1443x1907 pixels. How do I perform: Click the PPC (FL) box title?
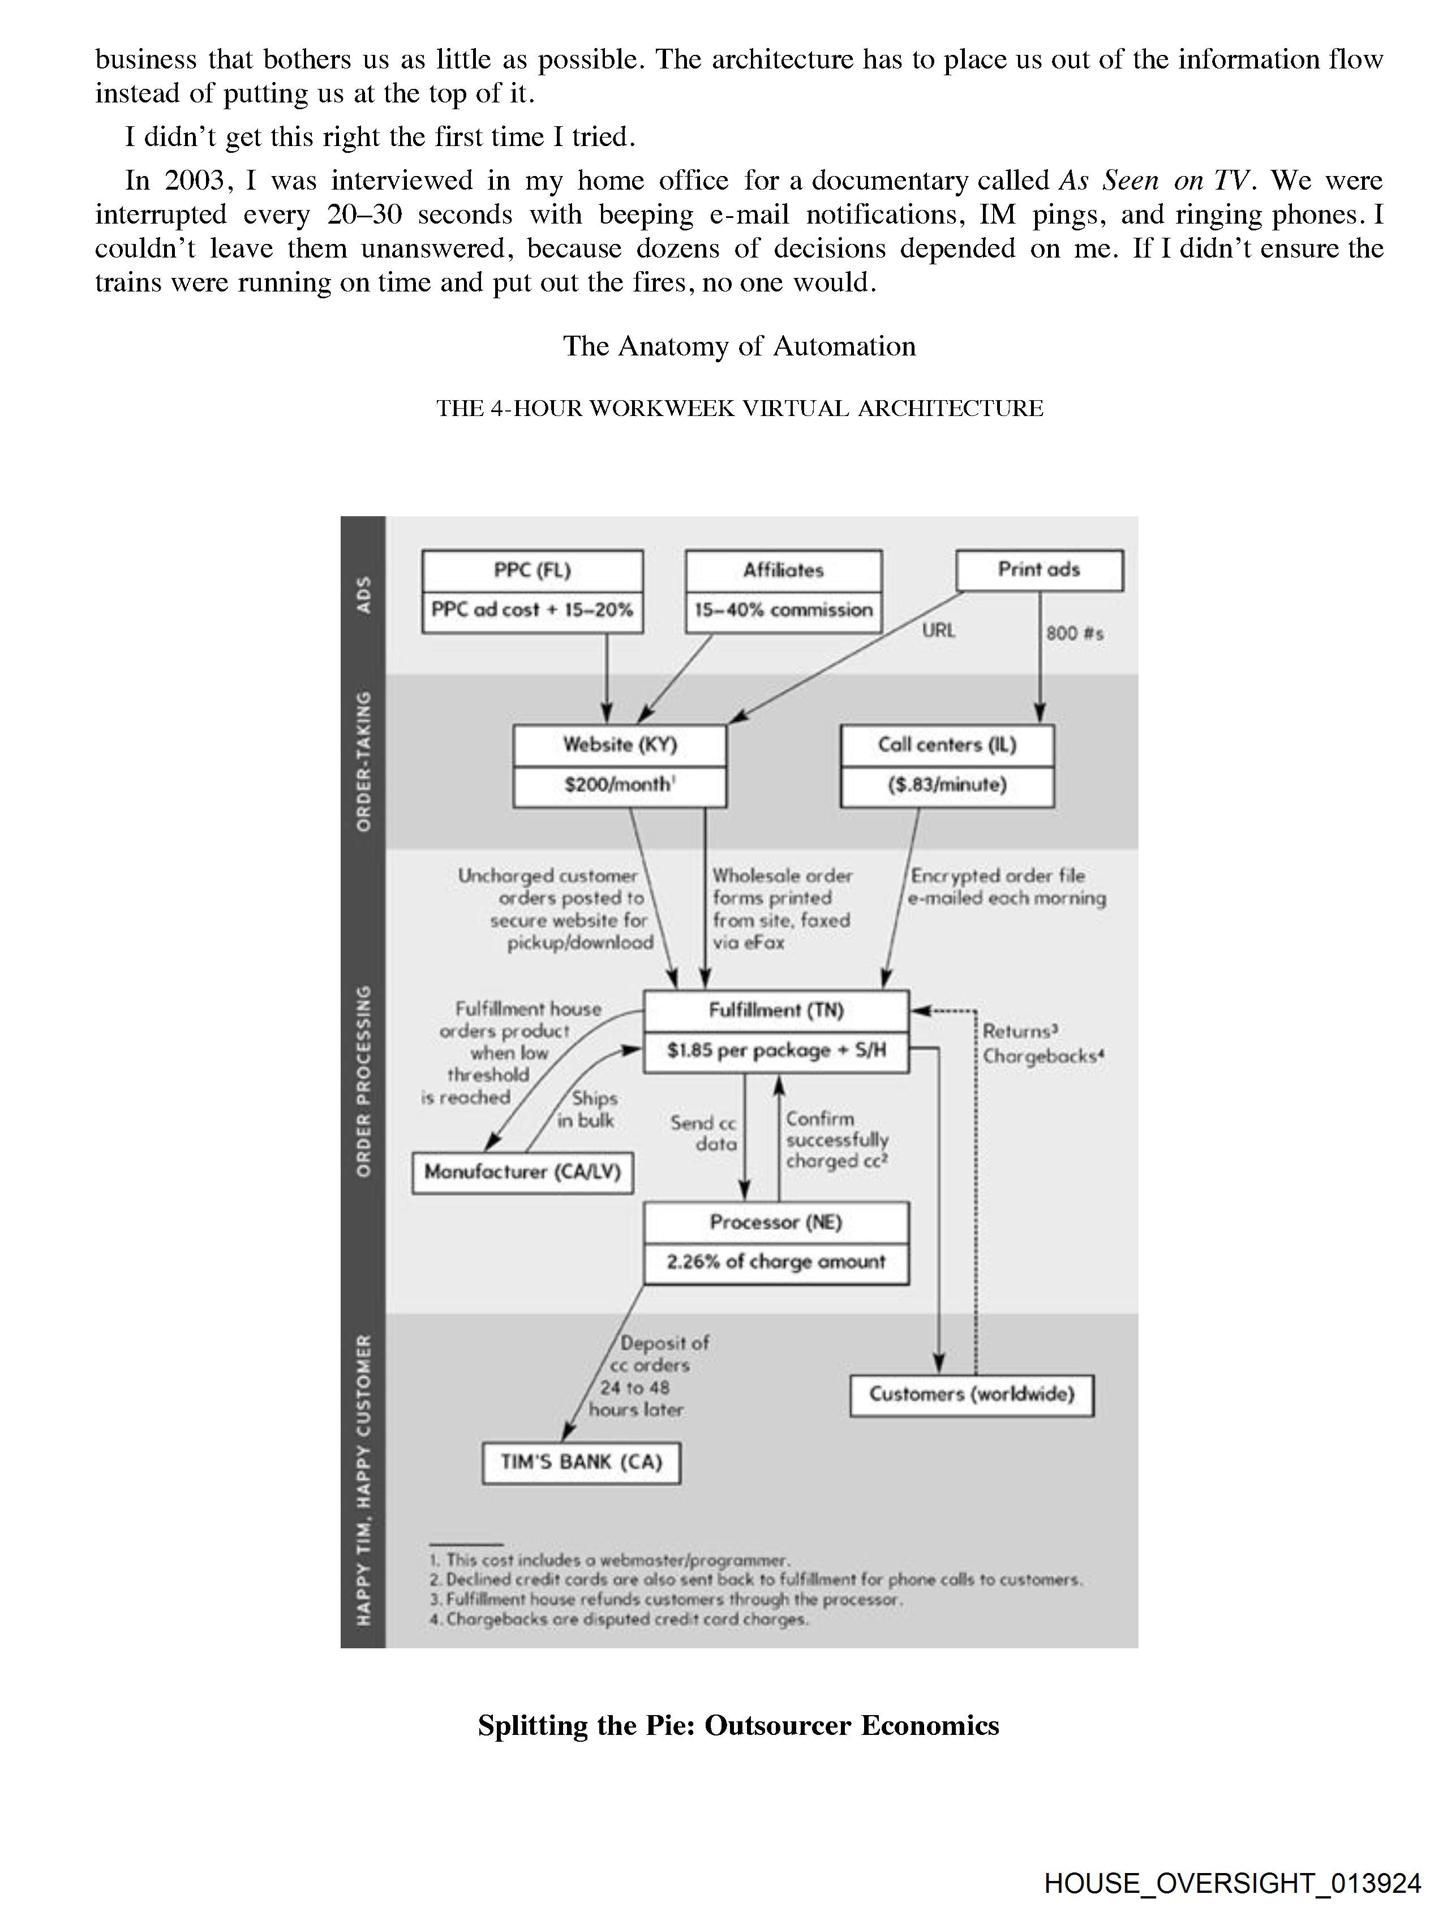click(532, 571)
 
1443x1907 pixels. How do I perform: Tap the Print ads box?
click(1039, 570)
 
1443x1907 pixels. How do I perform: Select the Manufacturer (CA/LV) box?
click(522, 1172)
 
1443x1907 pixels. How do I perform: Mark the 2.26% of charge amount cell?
click(776, 1262)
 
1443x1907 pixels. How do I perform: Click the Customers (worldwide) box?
click(972, 1395)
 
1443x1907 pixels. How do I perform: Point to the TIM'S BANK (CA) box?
click(581, 1462)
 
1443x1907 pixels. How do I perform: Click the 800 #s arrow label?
click(1074, 633)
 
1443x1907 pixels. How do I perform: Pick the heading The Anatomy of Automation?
click(738, 346)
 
